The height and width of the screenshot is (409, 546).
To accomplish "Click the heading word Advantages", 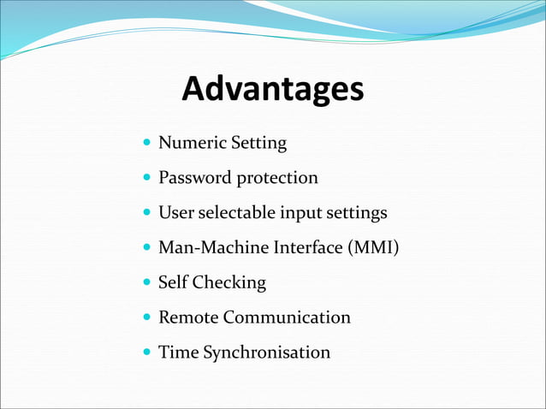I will (x=273, y=89).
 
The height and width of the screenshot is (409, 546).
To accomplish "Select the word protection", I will (x=277, y=178).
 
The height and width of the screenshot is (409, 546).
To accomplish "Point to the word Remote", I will (x=188, y=317).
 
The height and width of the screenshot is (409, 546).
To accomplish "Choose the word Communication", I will (x=287, y=317).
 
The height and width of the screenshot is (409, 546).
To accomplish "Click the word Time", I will (x=177, y=352).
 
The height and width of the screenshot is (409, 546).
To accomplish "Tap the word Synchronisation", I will (x=266, y=353).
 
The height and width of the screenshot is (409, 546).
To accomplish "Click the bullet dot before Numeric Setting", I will (x=147, y=142).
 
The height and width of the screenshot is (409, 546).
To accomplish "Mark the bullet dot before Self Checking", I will (x=147, y=282).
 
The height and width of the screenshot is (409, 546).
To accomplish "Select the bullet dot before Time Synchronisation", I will (x=147, y=352).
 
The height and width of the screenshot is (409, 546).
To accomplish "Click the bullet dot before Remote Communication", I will (x=147, y=317).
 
